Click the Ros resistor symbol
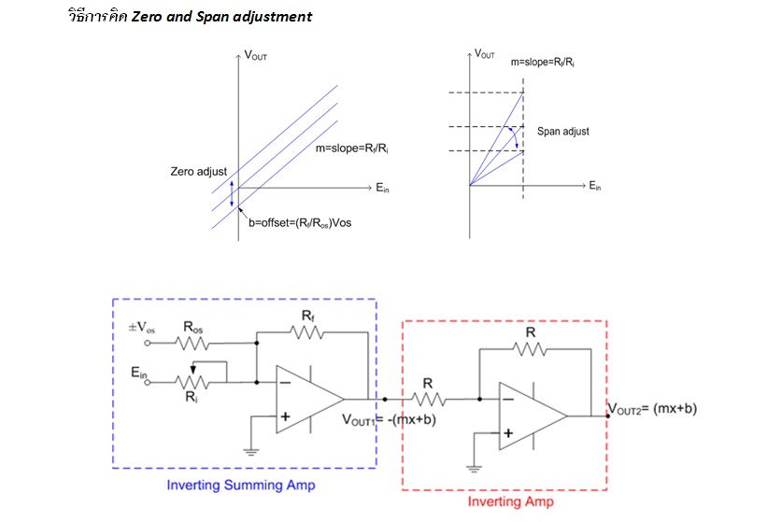192,343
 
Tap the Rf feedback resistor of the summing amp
306,332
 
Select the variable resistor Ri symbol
192,379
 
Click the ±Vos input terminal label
141,327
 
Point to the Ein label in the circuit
139,373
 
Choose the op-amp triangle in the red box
533,416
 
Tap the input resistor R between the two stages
428,400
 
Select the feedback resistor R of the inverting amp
530,349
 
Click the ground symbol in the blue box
251,452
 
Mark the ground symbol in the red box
474,469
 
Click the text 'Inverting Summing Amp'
241,486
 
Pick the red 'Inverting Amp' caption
511,501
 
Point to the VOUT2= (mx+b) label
652,409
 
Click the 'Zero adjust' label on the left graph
199,172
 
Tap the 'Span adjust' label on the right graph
563,132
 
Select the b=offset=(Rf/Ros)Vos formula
300,223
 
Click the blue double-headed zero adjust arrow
232,192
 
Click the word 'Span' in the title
213,17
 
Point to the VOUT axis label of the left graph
256,55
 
